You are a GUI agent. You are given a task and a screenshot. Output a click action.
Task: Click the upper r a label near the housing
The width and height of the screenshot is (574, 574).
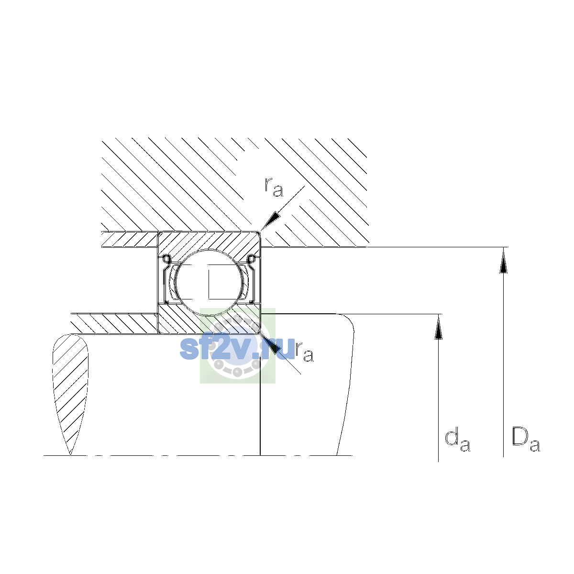tap(274, 187)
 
